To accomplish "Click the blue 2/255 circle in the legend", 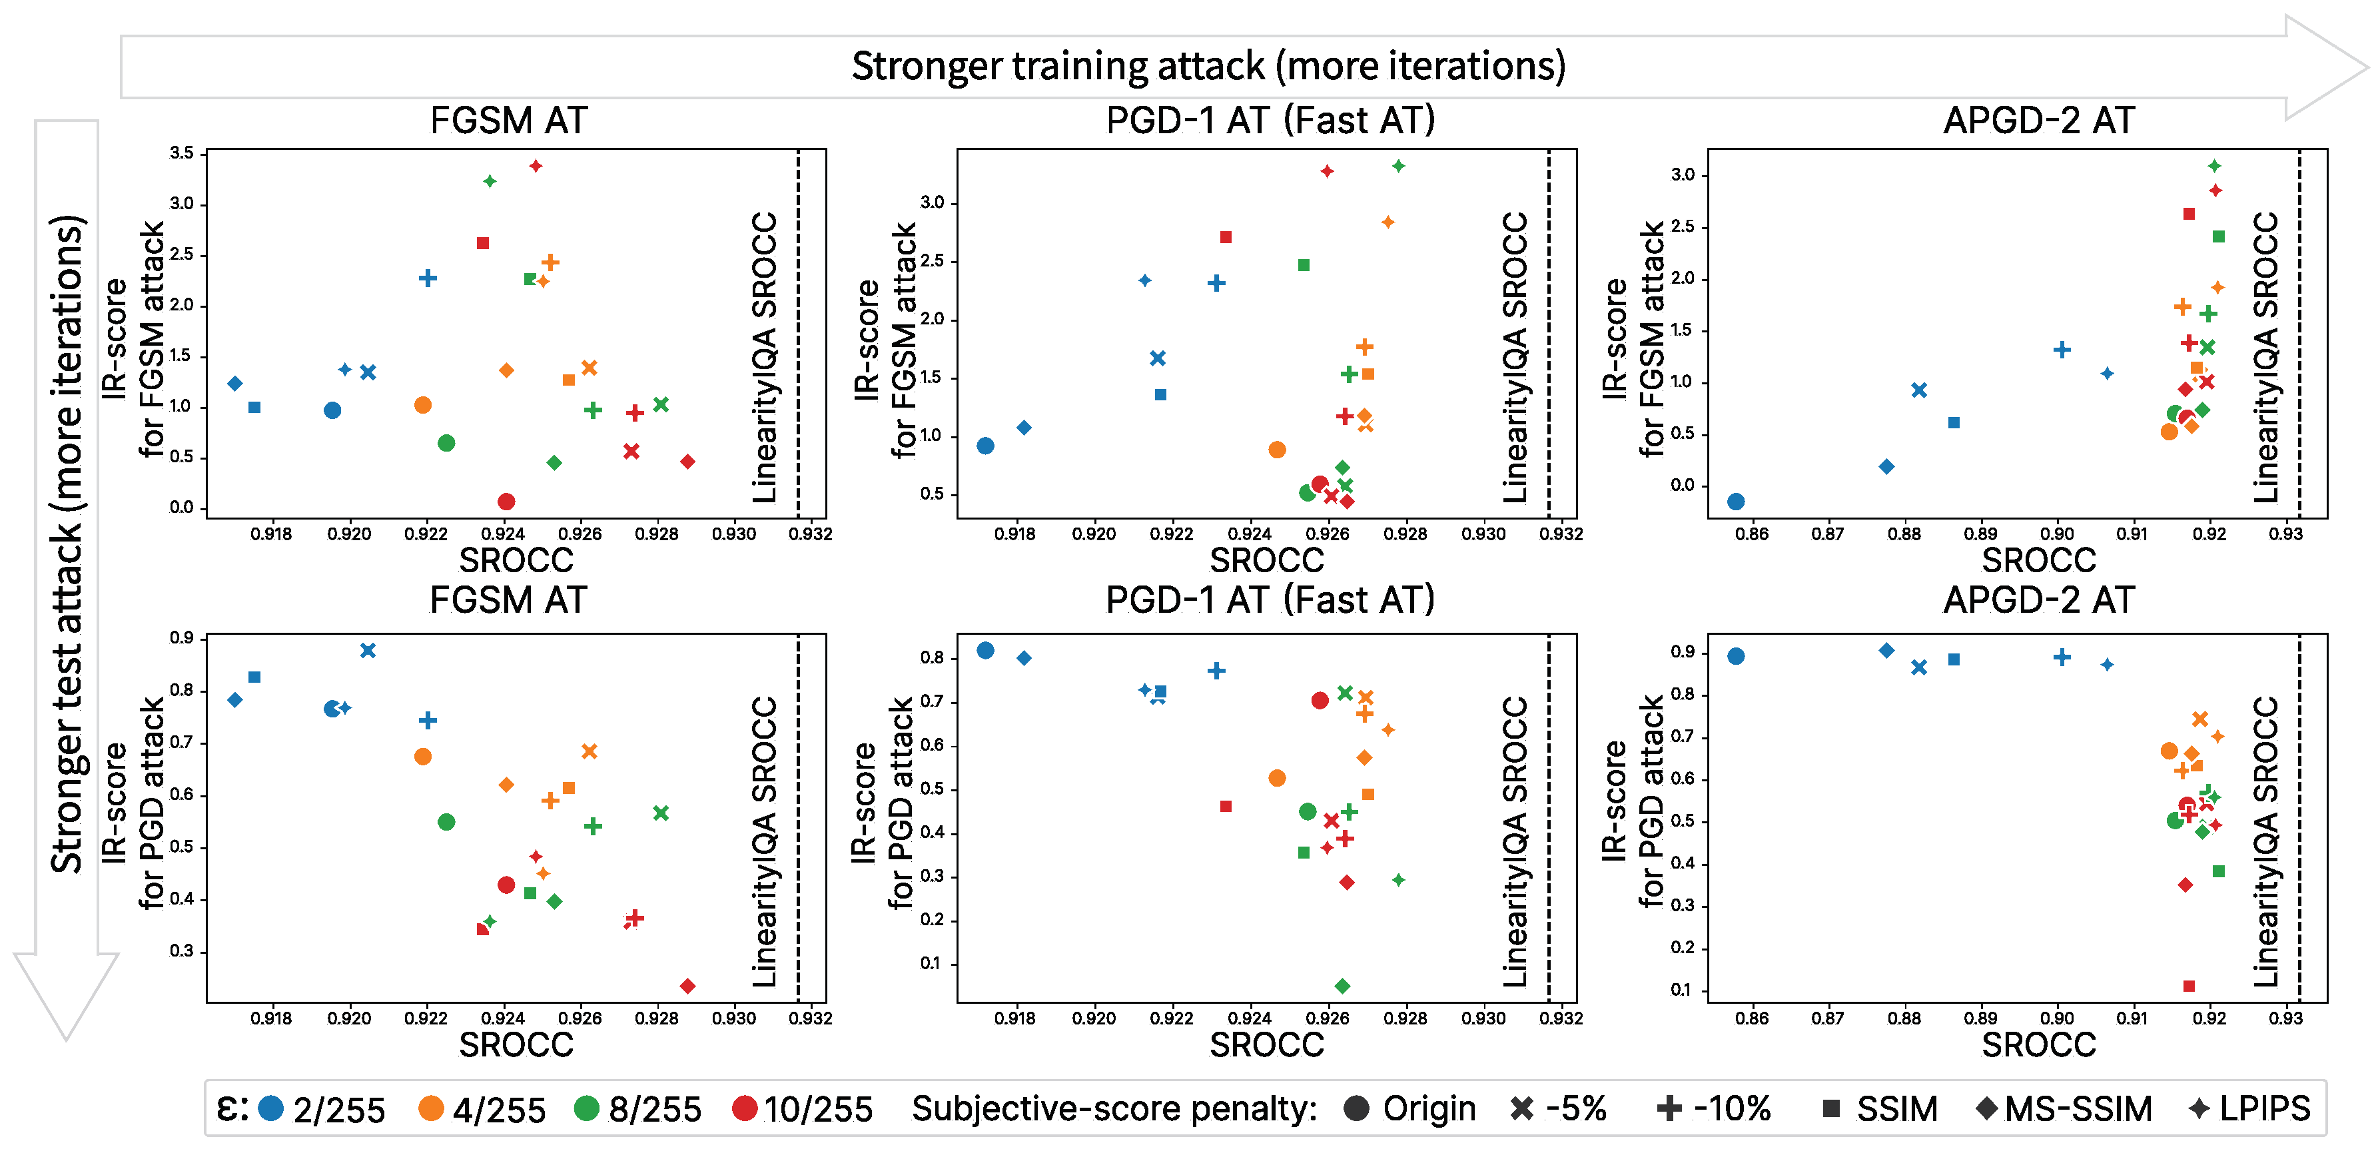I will (x=270, y=1108).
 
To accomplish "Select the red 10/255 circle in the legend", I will (x=744, y=1108).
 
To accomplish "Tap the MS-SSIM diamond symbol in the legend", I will (x=1986, y=1108).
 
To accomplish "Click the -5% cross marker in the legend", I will (x=1521, y=1108).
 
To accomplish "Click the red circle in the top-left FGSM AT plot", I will (x=506, y=502).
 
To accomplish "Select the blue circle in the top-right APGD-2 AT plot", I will (x=1735, y=502).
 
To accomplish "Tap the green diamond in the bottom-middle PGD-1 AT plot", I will (x=1342, y=986).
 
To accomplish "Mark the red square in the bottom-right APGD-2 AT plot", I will (x=2189, y=986).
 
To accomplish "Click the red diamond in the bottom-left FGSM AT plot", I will (x=687, y=986).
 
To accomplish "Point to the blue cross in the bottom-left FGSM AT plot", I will (x=368, y=650).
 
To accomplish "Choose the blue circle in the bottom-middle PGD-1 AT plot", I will (x=985, y=650).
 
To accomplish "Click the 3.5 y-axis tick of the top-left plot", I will (x=182, y=153).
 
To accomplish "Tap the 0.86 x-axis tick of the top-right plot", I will (x=1751, y=534).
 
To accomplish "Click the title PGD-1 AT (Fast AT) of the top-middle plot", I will (x=1270, y=120).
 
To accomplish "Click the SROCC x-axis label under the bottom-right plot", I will (x=2038, y=1044).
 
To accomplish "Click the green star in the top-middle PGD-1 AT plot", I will (x=1399, y=166).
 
